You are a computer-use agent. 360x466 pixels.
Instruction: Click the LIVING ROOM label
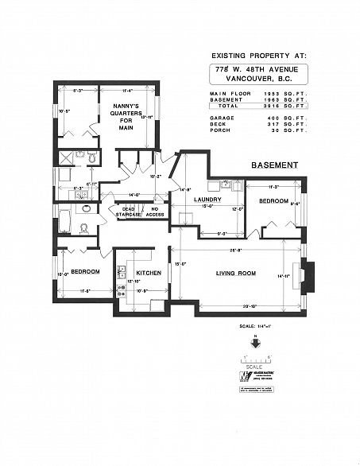235,274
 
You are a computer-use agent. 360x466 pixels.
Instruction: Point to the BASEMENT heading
274,165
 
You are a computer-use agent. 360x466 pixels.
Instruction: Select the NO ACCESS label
156,212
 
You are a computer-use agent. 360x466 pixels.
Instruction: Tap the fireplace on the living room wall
312,276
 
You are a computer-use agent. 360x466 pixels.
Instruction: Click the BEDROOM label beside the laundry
273,201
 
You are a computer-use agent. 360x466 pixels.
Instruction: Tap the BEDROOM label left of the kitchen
84,271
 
